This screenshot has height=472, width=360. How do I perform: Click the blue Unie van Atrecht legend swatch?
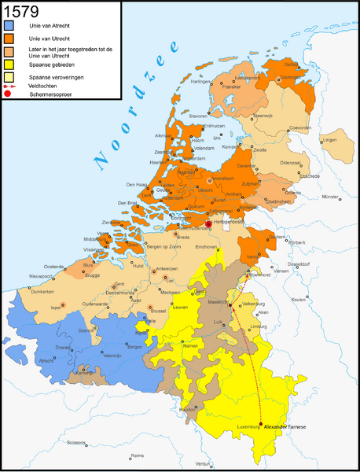(9, 29)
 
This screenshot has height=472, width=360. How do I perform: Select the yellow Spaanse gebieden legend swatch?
(9, 68)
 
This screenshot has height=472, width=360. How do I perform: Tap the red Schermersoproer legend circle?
(9, 94)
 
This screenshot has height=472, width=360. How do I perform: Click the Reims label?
(138, 455)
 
